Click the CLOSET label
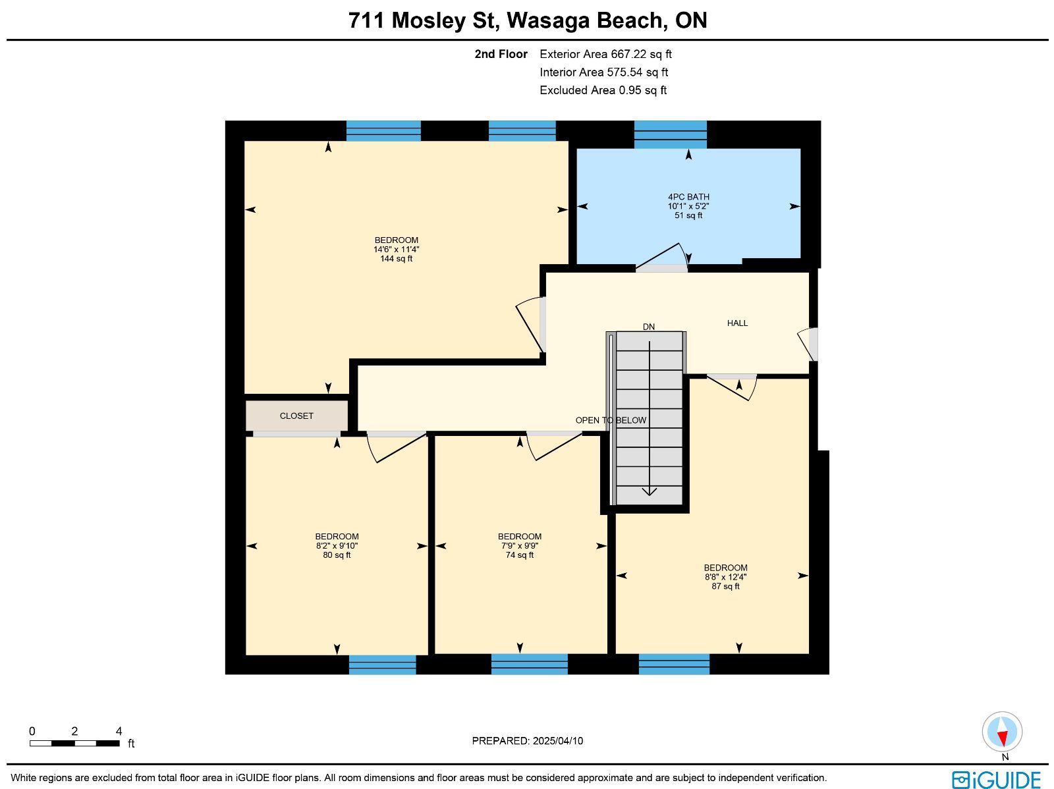(x=296, y=416)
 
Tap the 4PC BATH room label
(x=688, y=197)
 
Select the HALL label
(x=737, y=323)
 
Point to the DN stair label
(x=649, y=327)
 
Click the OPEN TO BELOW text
(x=611, y=420)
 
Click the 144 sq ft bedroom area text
(x=396, y=259)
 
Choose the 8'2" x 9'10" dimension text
(x=337, y=546)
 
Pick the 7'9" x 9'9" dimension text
(x=520, y=546)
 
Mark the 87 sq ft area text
(x=725, y=586)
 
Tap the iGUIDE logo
(x=997, y=779)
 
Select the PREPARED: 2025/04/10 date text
(x=527, y=740)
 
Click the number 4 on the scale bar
(x=119, y=731)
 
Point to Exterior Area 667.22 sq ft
(x=605, y=54)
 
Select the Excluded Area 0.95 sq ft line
(x=603, y=90)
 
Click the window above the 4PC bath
(x=671, y=134)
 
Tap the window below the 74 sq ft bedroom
(x=529, y=665)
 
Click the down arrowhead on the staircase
(x=650, y=491)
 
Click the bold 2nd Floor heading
(x=501, y=54)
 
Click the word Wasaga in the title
(x=547, y=20)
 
